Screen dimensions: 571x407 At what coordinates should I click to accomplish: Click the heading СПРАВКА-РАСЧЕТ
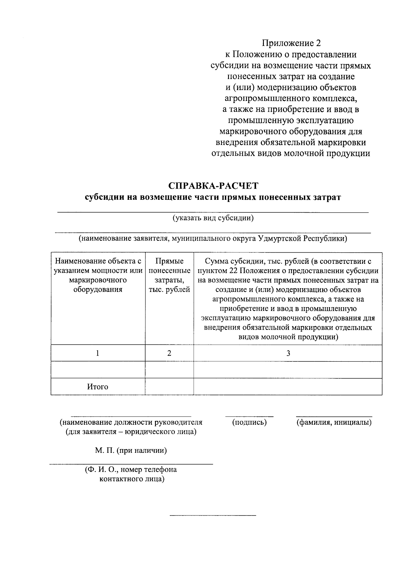click(213, 186)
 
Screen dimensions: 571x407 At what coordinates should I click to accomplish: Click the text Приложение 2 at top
click(291, 43)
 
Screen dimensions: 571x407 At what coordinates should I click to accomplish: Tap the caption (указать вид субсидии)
click(213, 218)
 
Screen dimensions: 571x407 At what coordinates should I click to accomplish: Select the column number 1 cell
click(98, 353)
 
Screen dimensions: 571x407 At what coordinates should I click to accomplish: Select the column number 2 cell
click(169, 353)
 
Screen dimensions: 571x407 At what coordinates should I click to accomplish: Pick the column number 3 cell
click(288, 353)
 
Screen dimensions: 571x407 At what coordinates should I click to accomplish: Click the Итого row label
click(98, 387)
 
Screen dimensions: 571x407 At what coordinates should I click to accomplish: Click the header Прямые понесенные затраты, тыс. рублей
click(169, 275)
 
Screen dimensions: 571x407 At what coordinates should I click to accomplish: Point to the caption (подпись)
click(249, 422)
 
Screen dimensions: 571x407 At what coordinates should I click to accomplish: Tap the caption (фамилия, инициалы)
click(334, 422)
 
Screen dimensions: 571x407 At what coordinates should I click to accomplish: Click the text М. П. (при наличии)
click(131, 450)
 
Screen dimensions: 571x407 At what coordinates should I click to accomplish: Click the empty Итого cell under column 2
click(169, 387)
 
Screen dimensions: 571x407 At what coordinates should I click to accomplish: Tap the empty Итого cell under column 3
click(288, 387)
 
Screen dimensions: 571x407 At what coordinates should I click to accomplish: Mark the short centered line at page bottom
click(213, 515)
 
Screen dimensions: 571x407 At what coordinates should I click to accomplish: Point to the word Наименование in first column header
click(79, 261)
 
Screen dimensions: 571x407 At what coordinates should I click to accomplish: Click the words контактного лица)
click(132, 479)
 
